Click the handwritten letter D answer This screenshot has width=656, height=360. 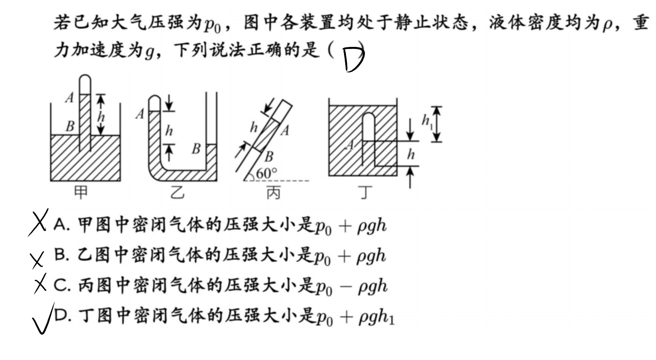point(354,60)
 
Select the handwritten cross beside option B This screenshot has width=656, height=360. point(37,260)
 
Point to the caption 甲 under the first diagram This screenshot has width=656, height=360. point(80,193)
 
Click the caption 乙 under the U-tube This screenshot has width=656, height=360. point(177,193)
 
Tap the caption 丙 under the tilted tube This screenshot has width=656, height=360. point(274,193)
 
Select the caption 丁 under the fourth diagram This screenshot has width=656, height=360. point(365,193)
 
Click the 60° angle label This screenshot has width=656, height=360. point(266,174)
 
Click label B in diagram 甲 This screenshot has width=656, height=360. point(70,126)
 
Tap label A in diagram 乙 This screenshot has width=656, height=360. point(140,114)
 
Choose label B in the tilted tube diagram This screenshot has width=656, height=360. point(269,157)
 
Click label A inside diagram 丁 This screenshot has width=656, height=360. point(350,144)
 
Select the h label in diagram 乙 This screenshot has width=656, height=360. point(169,130)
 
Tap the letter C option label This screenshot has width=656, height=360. point(62,285)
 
